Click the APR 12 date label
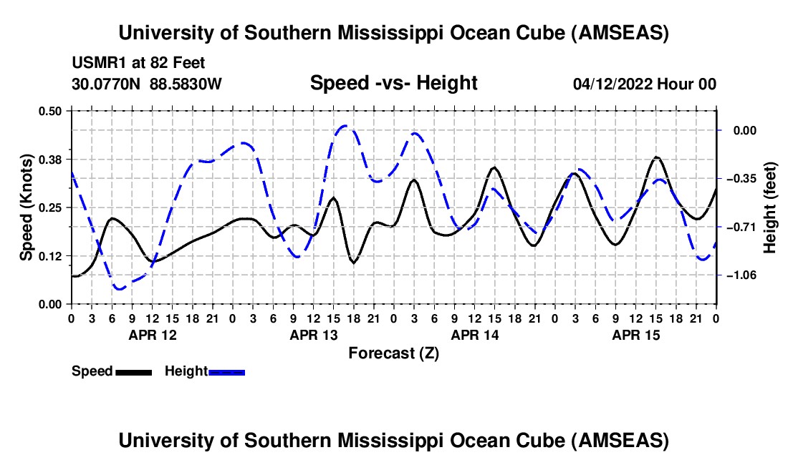[153, 334]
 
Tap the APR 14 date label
[475, 334]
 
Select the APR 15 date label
[636, 334]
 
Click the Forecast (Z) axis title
[393, 353]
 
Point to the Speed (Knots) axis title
[27, 207]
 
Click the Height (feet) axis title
[770, 207]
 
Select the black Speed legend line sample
[133, 372]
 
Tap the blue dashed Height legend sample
[227, 372]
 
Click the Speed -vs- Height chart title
[393, 83]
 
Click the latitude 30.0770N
[107, 84]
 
